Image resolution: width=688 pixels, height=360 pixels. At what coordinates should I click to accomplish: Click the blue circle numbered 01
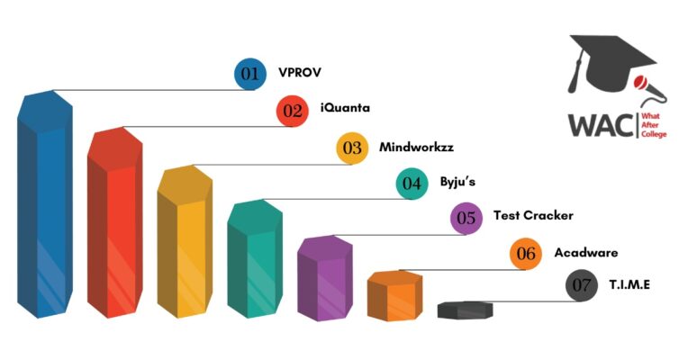250,74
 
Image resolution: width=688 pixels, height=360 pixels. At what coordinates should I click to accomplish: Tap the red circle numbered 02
293,111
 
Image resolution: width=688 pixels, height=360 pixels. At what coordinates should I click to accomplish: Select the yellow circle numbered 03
352,148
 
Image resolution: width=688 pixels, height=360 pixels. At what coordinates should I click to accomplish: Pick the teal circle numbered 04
412,184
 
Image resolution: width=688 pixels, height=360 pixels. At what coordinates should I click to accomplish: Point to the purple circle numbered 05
466,218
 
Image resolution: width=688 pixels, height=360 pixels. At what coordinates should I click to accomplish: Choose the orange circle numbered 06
526,253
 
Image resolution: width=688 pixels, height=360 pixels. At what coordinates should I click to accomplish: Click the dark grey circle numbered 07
582,285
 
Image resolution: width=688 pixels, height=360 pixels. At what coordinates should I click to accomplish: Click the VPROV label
300,72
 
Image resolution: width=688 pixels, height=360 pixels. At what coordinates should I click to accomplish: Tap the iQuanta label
345,107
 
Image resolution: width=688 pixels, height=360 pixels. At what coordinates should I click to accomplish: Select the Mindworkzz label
416,147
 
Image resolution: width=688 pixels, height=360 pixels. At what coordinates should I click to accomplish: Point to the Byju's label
457,182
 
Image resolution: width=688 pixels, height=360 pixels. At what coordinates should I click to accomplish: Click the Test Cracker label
533,215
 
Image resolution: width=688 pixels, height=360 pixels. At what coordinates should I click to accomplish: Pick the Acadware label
586,253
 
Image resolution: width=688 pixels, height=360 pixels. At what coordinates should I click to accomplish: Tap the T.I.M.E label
629,285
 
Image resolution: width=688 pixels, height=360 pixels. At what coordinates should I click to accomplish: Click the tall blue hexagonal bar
45,204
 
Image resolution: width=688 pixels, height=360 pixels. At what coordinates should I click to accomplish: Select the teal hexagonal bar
255,258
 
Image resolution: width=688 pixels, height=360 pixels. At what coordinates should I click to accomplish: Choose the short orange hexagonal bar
395,296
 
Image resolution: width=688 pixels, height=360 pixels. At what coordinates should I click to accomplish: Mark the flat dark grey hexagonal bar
465,310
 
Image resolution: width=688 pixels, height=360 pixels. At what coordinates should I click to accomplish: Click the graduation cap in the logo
610,61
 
